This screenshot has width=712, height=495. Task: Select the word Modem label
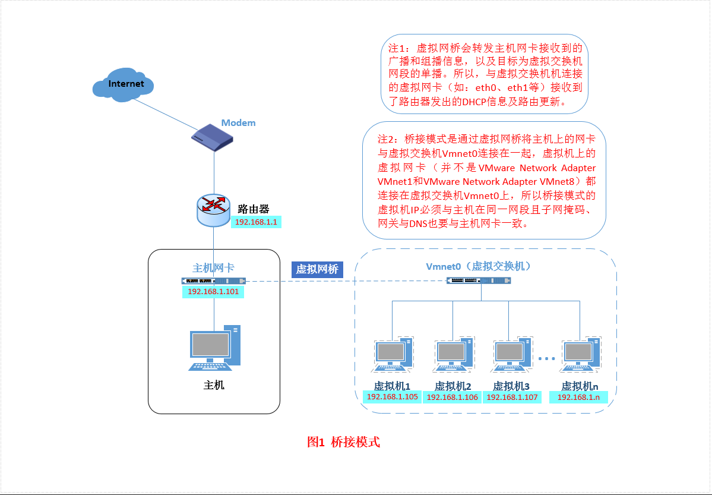pyautogui.click(x=238, y=123)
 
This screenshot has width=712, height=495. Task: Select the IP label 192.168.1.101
pyautogui.click(x=213, y=292)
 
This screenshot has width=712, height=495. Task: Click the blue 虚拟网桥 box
pyautogui.click(x=317, y=269)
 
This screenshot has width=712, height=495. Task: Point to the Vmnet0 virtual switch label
pyautogui.click(x=478, y=266)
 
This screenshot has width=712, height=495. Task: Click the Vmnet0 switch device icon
pyautogui.click(x=479, y=280)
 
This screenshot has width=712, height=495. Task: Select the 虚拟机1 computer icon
pyautogui.click(x=393, y=357)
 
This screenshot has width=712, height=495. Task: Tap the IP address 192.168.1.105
pyautogui.click(x=393, y=397)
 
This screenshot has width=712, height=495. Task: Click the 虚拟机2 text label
pyautogui.click(x=452, y=386)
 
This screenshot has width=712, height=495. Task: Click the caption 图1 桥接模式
pyautogui.click(x=343, y=442)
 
